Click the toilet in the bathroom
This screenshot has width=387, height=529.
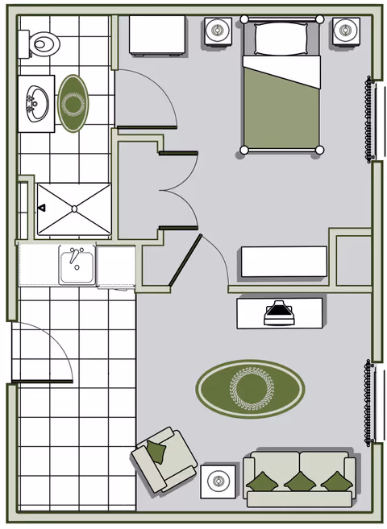point(43,43)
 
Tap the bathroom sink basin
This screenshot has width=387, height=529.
point(35,104)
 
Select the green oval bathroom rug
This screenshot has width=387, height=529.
point(73,103)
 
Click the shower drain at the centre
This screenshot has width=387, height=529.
point(74,209)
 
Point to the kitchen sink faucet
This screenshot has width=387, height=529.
point(75,257)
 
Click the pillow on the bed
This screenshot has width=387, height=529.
point(281,38)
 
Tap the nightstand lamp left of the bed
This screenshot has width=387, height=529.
point(218,32)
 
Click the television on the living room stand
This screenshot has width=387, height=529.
point(278,312)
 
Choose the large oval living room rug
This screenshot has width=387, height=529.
point(250,389)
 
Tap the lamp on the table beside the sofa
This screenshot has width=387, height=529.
point(218,482)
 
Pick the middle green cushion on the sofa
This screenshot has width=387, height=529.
point(299,481)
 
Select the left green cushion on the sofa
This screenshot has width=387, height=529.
point(263,481)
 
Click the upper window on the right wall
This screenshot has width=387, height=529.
point(373,119)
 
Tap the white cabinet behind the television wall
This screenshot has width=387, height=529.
point(282,262)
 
